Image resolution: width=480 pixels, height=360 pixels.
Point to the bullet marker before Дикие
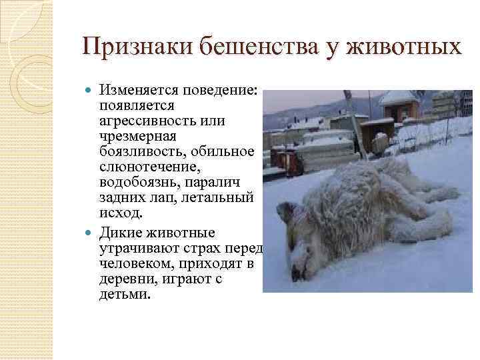coord(91,233)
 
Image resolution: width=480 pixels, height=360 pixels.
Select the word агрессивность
coord(142,121)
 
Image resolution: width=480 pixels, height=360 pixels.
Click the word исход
coord(119,213)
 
